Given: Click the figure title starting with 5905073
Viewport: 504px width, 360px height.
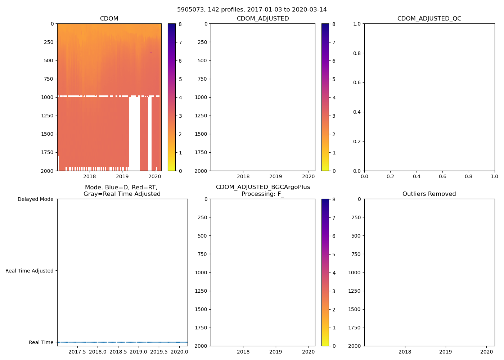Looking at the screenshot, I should [x=252, y=10].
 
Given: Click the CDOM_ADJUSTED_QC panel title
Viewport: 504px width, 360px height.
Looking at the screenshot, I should [x=429, y=19].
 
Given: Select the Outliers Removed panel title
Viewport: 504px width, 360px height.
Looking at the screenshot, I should [x=429, y=194].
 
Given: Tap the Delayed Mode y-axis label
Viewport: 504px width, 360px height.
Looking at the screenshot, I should [x=35, y=199].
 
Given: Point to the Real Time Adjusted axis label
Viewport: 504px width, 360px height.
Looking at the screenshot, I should [x=29, y=271].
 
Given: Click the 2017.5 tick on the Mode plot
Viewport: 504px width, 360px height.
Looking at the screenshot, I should [x=77, y=352].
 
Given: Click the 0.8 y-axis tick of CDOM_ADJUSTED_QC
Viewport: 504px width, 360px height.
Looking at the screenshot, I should [x=357, y=53].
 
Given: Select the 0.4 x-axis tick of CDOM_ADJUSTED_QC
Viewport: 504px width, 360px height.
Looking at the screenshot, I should [x=417, y=176].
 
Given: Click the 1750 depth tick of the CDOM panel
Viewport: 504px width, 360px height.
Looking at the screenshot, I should [x=47, y=152].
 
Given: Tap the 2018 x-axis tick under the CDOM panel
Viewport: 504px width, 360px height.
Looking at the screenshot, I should [x=90, y=176].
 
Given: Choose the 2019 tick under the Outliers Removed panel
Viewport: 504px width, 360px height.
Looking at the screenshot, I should [x=446, y=352].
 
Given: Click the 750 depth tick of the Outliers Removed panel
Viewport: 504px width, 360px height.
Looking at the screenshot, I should [x=356, y=254].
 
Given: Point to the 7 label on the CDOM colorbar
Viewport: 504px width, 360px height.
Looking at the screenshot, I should [x=180, y=42].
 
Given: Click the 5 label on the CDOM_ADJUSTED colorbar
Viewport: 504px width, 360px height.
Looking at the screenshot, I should [x=334, y=79].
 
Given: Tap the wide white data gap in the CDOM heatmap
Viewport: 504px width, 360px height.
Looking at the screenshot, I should [x=134, y=133].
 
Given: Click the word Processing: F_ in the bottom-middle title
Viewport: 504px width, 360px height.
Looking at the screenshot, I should [x=263, y=194].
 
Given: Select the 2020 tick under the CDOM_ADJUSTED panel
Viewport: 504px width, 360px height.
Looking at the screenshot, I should [x=308, y=176].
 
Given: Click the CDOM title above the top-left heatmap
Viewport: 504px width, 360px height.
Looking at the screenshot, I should [x=109, y=19].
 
